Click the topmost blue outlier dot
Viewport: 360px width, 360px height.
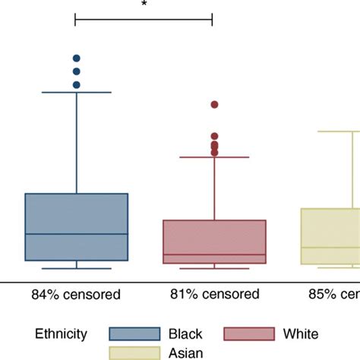pos(77,58)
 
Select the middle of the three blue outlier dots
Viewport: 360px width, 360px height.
pos(77,71)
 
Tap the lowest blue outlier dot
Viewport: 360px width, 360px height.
pos(77,84)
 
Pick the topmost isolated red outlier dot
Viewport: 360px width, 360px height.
pos(214,105)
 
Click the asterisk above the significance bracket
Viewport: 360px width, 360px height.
pos(144,5)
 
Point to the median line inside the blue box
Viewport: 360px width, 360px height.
pos(77,234)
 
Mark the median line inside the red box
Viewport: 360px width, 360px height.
pos(214,254)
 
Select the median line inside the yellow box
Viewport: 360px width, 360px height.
pos(330,247)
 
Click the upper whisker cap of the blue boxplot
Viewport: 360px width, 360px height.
pos(77,92)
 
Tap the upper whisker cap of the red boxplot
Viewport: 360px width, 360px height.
pos(214,157)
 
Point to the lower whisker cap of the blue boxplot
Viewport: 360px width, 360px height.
pos(77,268)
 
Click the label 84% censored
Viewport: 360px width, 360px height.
pos(76,294)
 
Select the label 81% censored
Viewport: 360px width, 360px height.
pos(214,294)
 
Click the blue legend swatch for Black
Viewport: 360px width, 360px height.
pos(134,333)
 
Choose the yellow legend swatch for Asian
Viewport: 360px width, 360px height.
pos(134,352)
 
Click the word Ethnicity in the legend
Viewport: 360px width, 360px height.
pos(61,333)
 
